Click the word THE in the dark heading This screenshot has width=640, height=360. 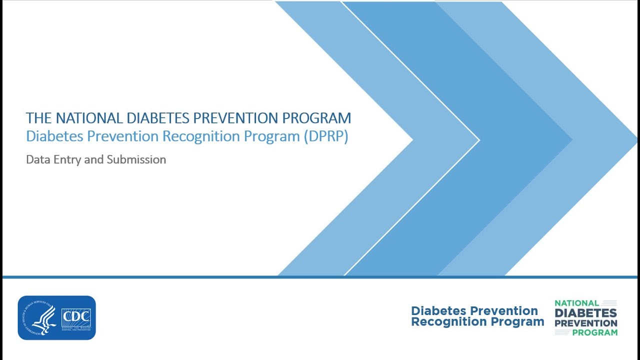click(39, 118)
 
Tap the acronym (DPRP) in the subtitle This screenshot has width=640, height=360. click(325, 136)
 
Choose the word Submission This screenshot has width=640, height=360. click(136, 160)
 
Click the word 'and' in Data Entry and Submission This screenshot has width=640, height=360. click(93, 160)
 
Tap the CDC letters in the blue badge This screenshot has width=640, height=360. click(75, 317)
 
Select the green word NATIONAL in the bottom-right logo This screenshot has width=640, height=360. click(576, 303)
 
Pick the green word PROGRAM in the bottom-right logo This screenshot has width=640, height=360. click(594, 332)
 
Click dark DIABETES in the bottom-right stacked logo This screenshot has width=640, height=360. click(585, 313)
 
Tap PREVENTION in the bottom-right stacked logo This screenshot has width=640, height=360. click(586, 323)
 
